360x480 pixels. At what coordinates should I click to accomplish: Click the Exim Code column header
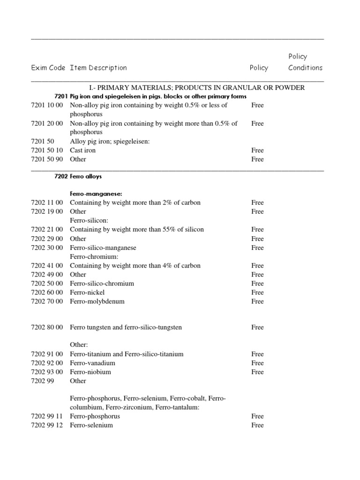[48, 68]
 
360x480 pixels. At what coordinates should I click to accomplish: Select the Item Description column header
[98, 68]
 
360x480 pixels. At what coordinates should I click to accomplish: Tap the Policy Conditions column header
[305, 62]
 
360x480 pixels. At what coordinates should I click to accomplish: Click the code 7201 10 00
[47, 105]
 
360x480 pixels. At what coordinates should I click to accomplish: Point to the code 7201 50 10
[47, 150]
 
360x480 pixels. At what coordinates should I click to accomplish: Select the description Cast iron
[82, 150]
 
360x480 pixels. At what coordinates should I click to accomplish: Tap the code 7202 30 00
[47, 247]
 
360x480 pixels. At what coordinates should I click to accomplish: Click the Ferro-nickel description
[87, 292]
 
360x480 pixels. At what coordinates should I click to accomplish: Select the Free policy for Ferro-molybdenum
[257, 301]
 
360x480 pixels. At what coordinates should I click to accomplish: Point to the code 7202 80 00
[47, 328]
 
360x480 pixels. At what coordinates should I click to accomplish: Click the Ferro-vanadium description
[92, 363]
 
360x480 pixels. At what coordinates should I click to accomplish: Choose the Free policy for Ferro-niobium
[257, 372]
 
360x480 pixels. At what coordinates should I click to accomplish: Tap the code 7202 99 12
[47, 425]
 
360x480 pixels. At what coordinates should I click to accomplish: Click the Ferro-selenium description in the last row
[91, 425]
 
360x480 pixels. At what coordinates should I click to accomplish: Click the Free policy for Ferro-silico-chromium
[257, 284]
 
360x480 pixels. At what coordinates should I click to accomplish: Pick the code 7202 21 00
[47, 230]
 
